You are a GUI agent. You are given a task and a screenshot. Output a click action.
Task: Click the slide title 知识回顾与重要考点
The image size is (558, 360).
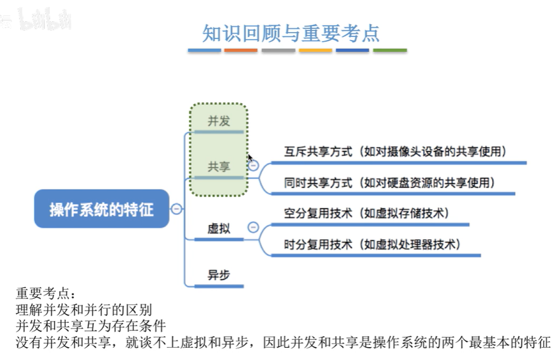tap(291, 33)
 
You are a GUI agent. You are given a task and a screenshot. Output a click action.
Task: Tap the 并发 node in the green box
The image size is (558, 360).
tap(219, 121)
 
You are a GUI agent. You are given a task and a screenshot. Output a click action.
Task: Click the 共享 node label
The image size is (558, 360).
tap(219, 167)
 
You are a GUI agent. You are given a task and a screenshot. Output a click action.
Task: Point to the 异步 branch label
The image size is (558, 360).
tap(218, 275)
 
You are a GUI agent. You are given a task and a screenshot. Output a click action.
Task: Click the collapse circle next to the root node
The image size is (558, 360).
tap(176, 209)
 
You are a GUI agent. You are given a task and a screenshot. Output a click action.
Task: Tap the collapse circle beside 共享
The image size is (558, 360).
tap(253, 165)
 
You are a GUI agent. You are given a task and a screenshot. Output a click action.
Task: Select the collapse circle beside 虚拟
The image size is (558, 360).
tap(253, 227)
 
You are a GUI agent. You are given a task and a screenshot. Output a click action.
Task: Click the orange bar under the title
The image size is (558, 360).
tap(241, 51)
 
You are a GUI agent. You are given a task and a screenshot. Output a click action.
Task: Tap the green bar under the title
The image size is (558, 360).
tap(390, 51)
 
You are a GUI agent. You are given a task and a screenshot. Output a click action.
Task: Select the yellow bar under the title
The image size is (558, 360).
tap(315, 51)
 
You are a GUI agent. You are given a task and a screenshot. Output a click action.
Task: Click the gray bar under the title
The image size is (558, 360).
tap(278, 51)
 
